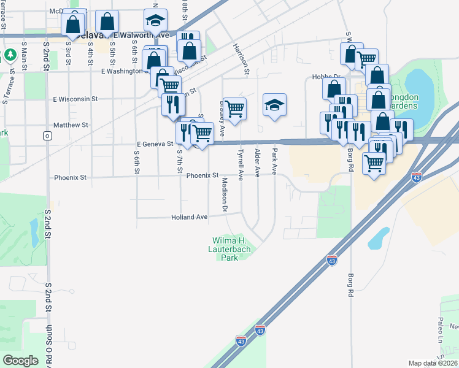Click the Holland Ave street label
click(x=190, y=217)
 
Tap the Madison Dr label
click(x=225, y=195)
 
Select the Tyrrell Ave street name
click(x=241, y=164)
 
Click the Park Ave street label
click(x=275, y=161)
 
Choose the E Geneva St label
click(x=155, y=144)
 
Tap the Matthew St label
click(x=71, y=125)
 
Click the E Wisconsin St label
click(x=75, y=98)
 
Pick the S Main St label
click(x=25, y=53)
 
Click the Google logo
click(x=20, y=361)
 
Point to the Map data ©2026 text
click(x=433, y=363)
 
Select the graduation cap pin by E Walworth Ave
click(x=156, y=21)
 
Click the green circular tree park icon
click(x=10, y=56)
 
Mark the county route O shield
click(x=47, y=136)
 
